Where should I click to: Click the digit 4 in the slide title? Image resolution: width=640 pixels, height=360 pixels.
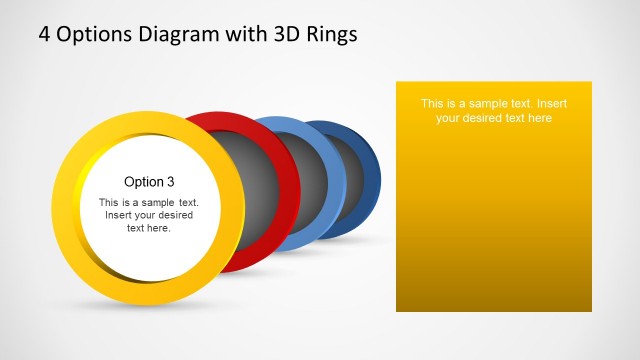(45, 34)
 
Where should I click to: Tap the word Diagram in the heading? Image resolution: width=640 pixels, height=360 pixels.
(177, 34)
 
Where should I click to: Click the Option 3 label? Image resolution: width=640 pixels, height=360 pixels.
(149, 182)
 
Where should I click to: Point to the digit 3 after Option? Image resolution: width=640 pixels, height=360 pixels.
(171, 182)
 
